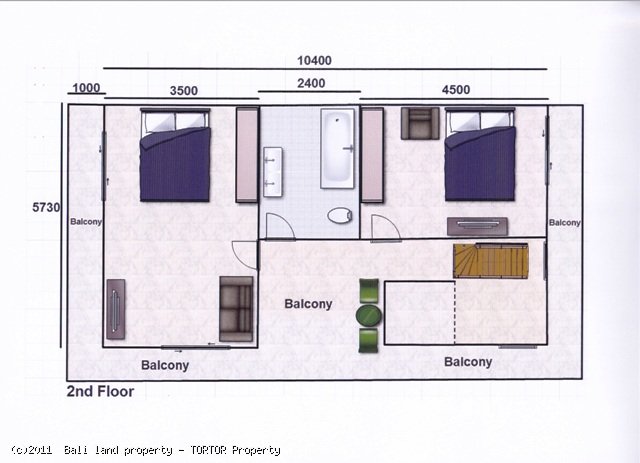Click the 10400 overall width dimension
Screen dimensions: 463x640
[x=314, y=60]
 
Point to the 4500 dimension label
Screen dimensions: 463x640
[x=455, y=90]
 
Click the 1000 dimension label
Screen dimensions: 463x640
[x=87, y=88]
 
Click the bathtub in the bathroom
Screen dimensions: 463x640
[x=338, y=148]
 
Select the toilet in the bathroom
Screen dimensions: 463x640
[x=341, y=215]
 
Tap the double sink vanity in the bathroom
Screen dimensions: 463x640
[x=272, y=170]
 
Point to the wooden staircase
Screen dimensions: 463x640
[x=476, y=261]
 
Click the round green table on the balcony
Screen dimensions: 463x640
[x=369, y=316]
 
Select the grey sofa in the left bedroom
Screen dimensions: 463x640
[x=236, y=307]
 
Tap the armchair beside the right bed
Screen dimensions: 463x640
[x=420, y=123]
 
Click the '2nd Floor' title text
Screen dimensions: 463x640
[x=100, y=391]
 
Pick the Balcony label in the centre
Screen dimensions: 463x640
[x=308, y=303]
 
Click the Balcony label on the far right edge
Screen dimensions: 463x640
[x=564, y=222]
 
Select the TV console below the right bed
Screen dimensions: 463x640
[x=477, y=226]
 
